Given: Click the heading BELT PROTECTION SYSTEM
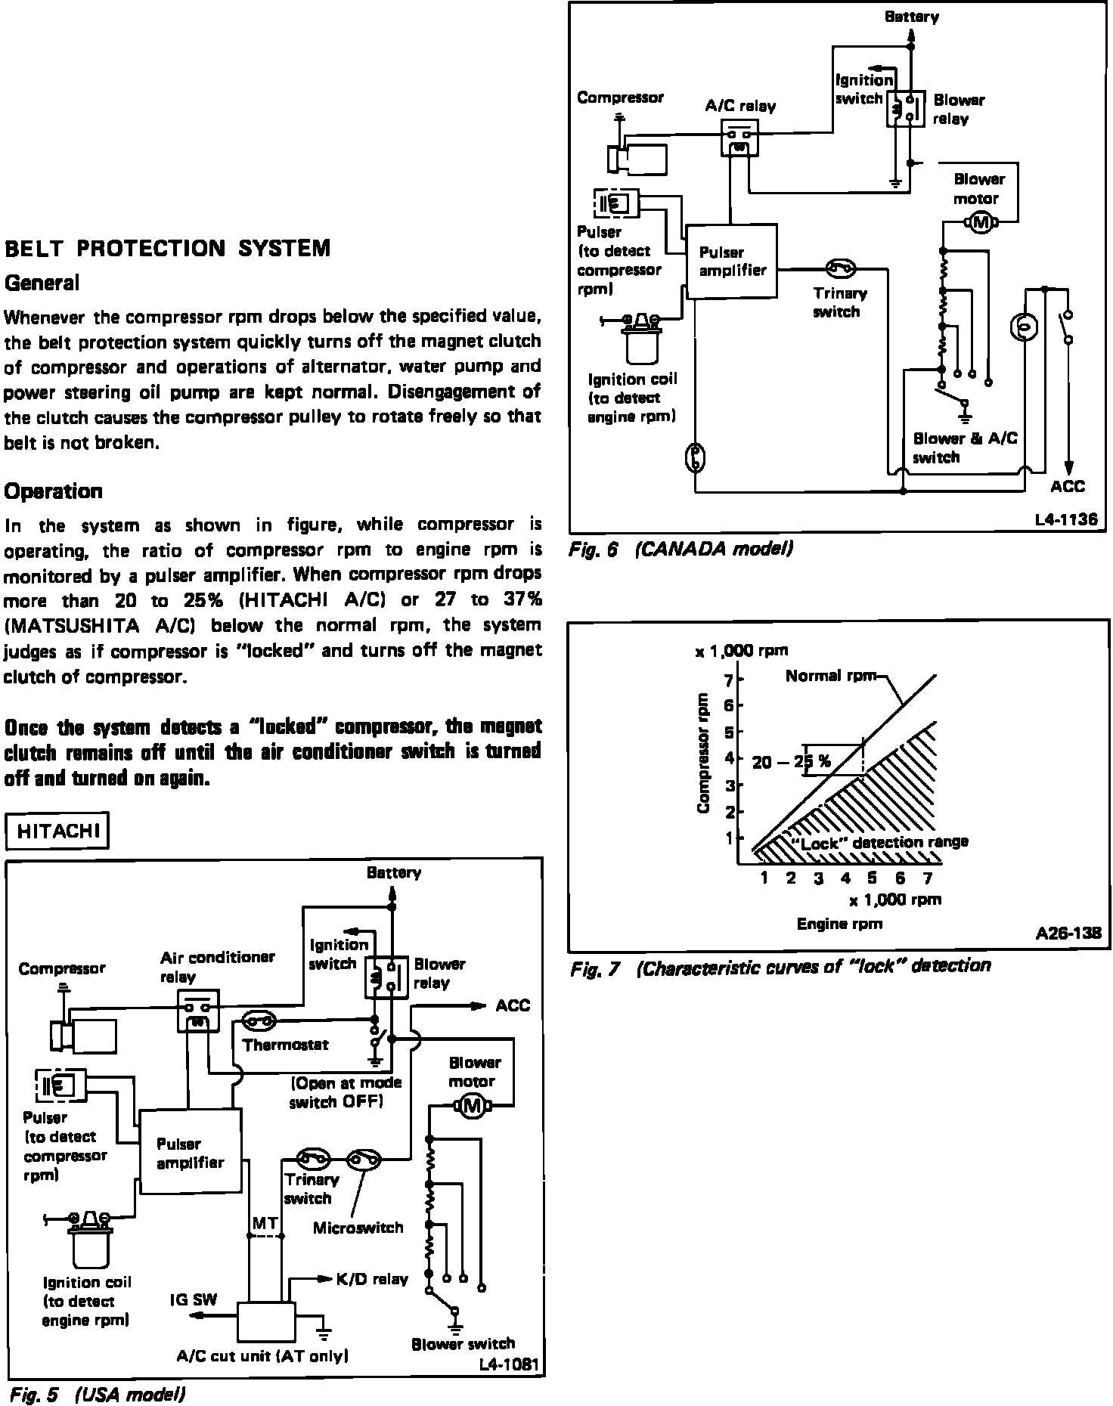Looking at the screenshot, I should tap(167, 249).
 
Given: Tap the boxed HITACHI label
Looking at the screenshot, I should tap(57, 832).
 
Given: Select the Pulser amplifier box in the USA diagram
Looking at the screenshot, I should tap(191, 1152).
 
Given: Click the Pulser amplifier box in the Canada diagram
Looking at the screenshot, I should tap(731, 261).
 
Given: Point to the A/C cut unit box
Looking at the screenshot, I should tap(266, 1321).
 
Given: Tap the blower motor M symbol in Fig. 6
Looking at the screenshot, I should tap(981, 221).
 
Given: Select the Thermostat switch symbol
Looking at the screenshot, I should tap(259, 1022).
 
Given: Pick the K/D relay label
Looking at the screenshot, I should tap(372, 1280).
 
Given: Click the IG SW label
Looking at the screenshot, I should tap(194, 1300).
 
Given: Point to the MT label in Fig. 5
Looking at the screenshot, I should tap(265, 1223).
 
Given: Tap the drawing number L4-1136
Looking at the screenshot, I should tap(1066, 520).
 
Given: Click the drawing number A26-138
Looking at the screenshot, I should tap(1068, 935).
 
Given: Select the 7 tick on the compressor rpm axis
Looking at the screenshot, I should tap(729, 681).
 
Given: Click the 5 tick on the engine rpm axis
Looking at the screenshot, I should tap(872, 878).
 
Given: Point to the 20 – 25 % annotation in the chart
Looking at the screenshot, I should tap(792, 762).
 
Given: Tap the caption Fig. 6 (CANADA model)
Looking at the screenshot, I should tap(681, 550).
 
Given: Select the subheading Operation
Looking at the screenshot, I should tap(54, 491).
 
